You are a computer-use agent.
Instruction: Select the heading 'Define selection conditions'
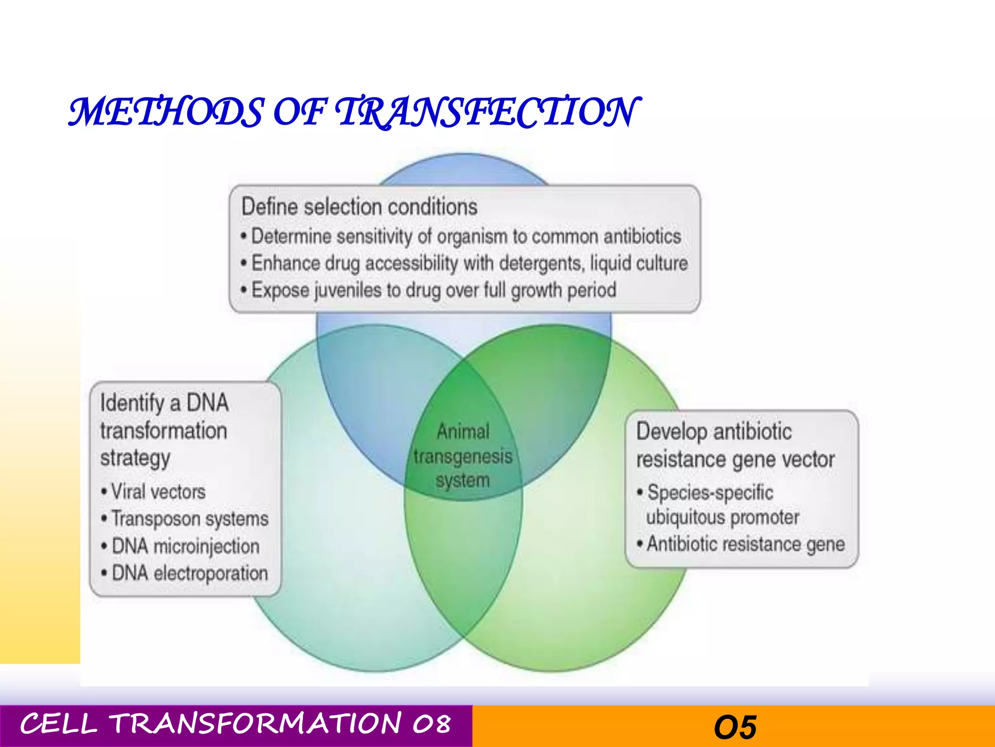pyautogui.click(x=360, y=207)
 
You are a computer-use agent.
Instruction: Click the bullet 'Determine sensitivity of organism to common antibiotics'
pyautogui.click(x=465, y=237)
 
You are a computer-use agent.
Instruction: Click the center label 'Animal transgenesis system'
pyautogui.click(x=463, y=456)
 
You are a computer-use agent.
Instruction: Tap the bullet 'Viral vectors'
pyautogui.click(x=158, y=492)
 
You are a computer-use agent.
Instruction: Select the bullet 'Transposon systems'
pyautogui.click(x=189, y=519)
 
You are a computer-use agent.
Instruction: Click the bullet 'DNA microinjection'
pyautogui.click(x=185, y=546)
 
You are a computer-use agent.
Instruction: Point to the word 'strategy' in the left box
pyautogui.click(x=135, y=458)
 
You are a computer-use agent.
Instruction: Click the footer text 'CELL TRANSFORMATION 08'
pyautogui.click(x=235, y=724)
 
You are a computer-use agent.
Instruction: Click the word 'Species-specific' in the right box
pyautogui.click(x=710, y=493)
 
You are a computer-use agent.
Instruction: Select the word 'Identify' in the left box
pyautogui.click(x=132, y=403)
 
